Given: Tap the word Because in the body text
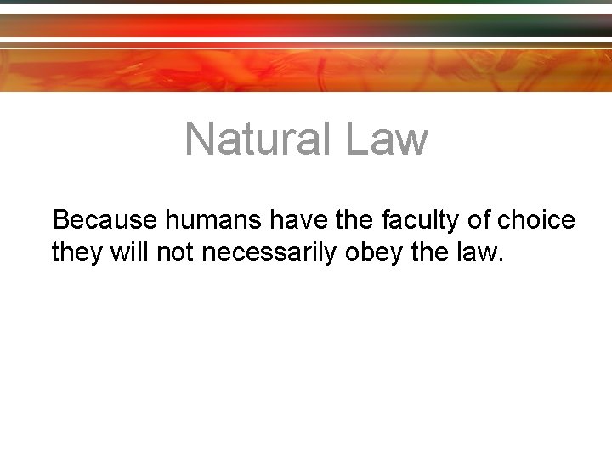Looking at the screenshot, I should click(105, 221).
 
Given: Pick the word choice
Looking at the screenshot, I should click(536, 221).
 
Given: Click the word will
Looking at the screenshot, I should click(125, 252).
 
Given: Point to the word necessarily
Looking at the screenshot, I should click(271, 253).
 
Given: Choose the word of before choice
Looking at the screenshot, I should click(479, 221).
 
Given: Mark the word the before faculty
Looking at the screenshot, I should click(347, 221).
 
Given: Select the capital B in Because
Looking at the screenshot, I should click(61, 221).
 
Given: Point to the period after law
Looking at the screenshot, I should click(501, 260).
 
